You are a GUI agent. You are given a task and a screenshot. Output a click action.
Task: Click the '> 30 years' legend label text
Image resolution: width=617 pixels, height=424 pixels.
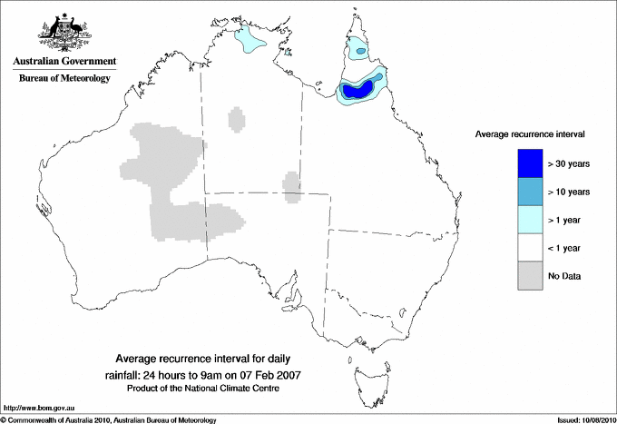569,163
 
